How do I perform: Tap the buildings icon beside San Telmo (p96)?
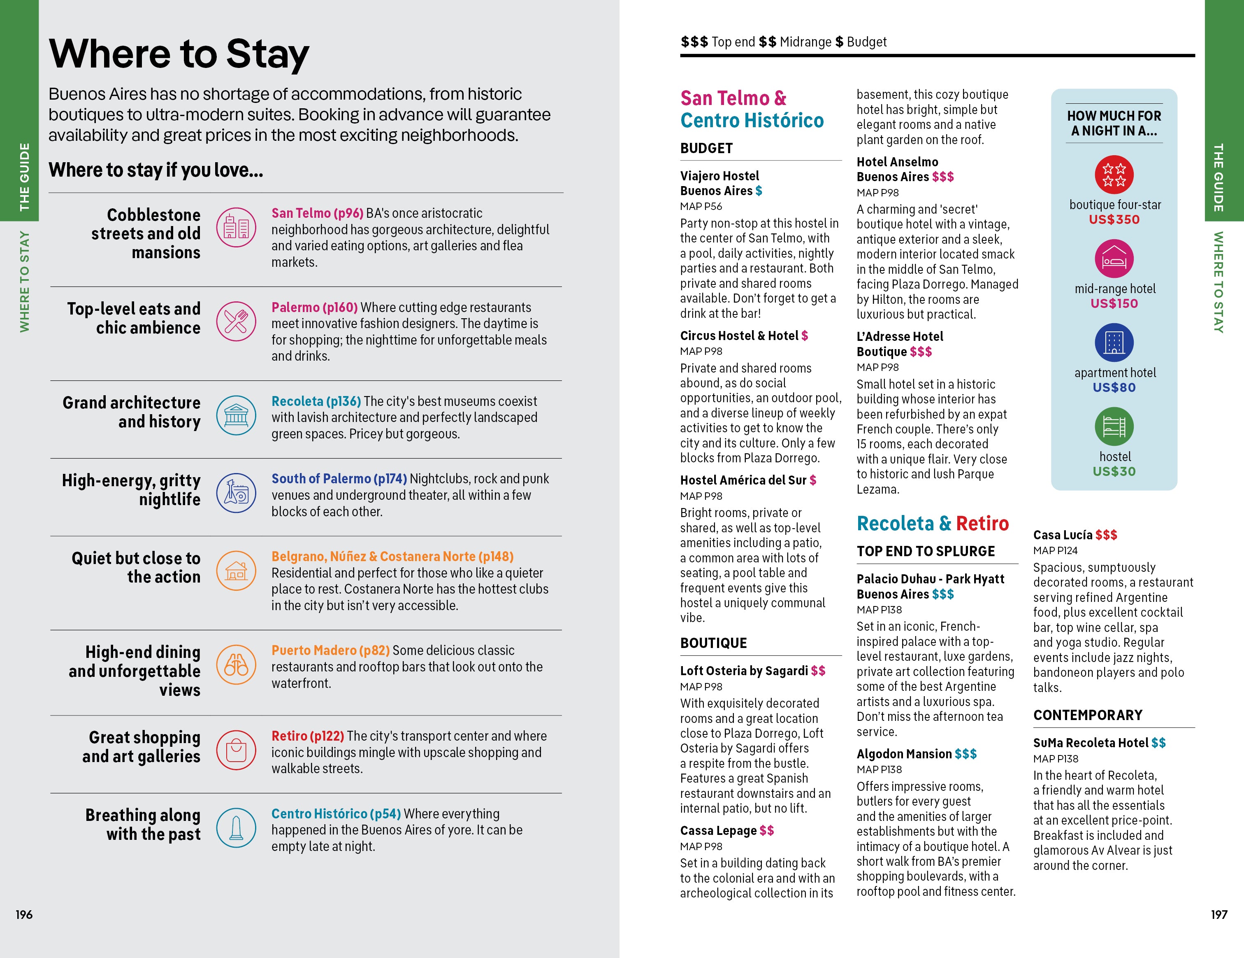pos(236,227)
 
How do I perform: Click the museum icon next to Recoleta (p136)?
pos(236,415)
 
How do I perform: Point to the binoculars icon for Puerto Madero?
pos(236,664)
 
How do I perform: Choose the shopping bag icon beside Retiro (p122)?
pos(236,750)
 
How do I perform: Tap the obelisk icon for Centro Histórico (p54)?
pos(236,827)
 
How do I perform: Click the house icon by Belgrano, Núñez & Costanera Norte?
pos(236,571)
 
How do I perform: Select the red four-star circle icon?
pos(1114,175)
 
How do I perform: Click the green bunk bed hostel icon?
pos(1114,426)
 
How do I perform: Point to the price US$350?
pos(1114,219)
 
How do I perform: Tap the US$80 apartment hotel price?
pos(1114,387)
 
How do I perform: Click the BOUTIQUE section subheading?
pos(713,643)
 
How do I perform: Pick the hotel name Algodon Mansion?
pos(904,754)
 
